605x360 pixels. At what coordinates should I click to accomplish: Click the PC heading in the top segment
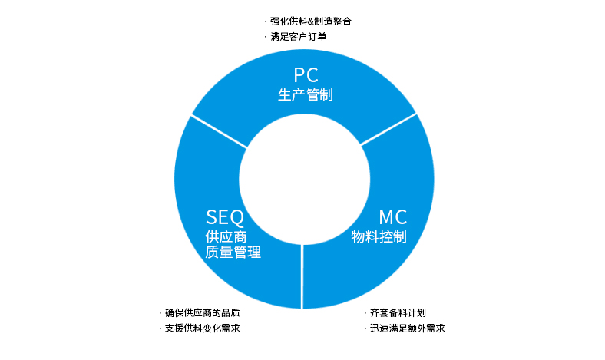tap(306, 75)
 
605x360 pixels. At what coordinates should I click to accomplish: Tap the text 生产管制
tap(306, 95)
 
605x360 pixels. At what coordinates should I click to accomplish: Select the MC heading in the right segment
tap(392, 217)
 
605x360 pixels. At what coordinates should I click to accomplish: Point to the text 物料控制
tap(379, 236)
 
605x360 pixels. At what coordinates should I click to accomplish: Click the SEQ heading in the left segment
tap(225, 217)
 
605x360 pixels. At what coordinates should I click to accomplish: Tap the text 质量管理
tap(233, 253)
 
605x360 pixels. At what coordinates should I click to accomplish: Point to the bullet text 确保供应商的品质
tap(203, 313)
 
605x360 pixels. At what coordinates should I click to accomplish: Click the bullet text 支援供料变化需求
tap(203, 329)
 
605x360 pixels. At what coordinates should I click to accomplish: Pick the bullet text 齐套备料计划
tap(398, 313)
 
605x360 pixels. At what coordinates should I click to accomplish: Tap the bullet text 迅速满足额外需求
tap(407, 329)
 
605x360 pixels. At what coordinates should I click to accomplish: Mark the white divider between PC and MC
tap(388, 129)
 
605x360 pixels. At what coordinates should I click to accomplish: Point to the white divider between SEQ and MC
tap(302, 276)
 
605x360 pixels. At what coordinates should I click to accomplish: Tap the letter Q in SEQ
tap(236, 218)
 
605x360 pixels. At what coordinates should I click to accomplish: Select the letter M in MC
tap(386, 217)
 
